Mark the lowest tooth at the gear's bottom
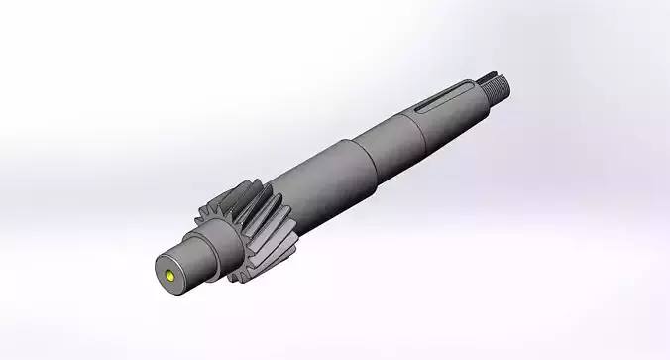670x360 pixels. tap(238, 277)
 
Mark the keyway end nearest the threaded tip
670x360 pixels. tap(479, 84)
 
